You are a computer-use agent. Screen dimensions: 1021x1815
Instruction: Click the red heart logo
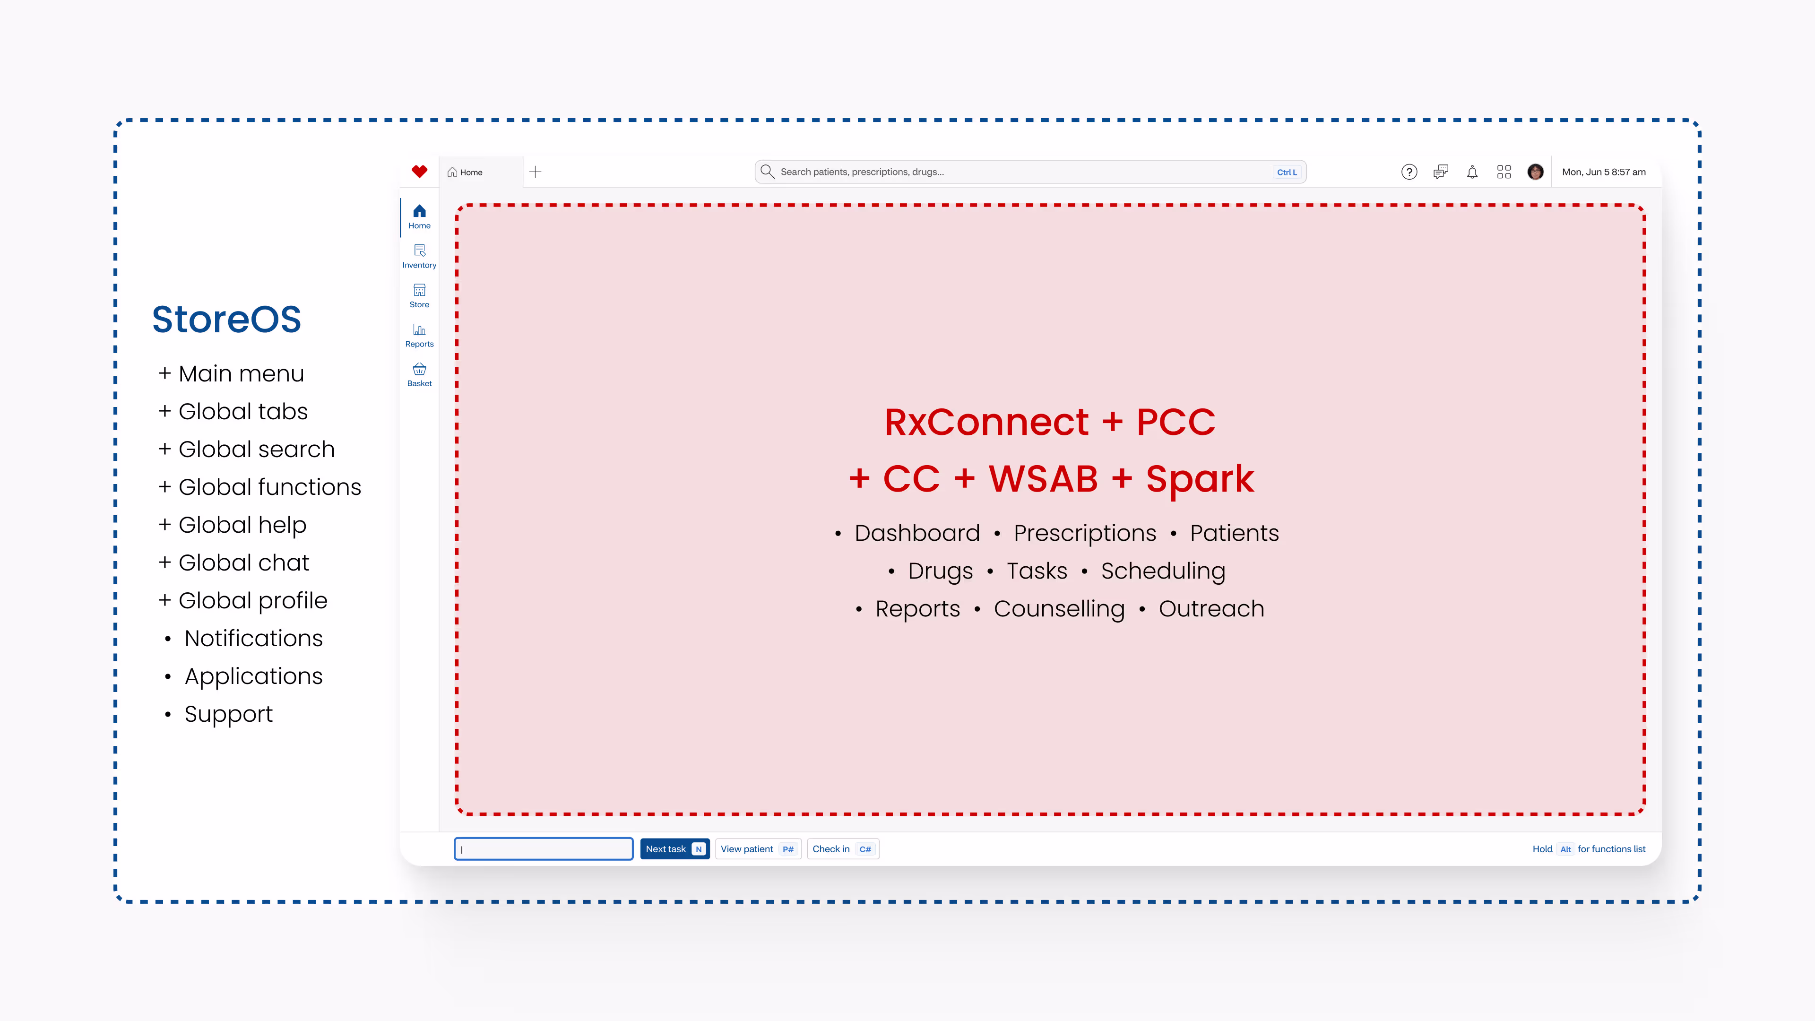419,171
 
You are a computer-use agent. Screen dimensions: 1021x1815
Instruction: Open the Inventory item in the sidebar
419,256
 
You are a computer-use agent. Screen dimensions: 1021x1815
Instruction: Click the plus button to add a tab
536,172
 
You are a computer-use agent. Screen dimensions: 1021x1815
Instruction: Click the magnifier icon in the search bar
767,171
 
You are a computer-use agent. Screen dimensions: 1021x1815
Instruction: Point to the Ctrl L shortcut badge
1287,172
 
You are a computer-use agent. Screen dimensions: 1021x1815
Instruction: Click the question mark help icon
1409,172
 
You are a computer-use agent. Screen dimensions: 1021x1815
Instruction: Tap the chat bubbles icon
1441,172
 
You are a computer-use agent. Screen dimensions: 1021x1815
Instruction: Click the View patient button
757,849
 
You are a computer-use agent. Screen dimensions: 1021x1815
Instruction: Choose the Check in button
842,849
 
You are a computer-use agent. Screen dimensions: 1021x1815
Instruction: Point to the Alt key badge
1565,849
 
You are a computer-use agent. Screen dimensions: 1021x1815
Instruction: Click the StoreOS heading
227,319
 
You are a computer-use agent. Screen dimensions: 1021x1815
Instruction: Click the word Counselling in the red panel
1059,609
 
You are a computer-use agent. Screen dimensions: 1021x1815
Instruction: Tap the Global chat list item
243,562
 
